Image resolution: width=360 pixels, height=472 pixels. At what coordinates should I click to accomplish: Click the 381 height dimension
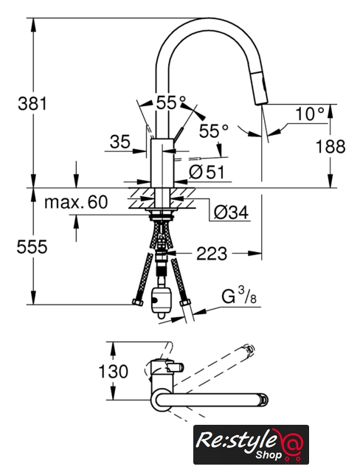pos(32,103)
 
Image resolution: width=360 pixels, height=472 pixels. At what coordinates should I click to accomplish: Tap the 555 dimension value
pos(32,247)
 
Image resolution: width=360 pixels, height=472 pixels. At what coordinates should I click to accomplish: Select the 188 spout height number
pos(330,147)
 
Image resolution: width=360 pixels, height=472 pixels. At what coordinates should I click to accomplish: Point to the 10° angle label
pos(310,114)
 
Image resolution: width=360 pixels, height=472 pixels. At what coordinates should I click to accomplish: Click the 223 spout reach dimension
pos(212,254)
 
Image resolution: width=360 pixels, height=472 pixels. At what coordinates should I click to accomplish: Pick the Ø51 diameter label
pos(207,173)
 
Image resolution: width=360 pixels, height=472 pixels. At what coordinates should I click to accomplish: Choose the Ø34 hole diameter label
pos(231,212)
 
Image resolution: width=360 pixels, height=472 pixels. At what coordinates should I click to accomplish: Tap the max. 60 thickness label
pos(76,202)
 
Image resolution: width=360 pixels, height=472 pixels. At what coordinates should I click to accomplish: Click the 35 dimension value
pos(120,142)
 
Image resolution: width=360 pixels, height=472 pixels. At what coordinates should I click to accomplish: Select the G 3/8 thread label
pos(239,295)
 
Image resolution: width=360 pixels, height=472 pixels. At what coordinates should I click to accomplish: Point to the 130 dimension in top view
pos(114,371)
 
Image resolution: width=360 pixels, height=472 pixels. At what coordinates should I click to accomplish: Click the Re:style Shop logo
pos(251,444)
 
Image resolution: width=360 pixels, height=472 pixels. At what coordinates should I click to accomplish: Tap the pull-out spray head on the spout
pos(260,86)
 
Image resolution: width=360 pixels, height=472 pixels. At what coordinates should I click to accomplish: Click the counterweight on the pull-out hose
pos(162,303)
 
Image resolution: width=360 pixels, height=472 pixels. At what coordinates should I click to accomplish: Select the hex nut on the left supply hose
pos(137,302)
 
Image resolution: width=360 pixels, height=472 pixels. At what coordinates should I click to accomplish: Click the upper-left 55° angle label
pos(171,103)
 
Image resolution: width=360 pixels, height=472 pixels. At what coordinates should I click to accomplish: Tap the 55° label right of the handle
pos(214,131)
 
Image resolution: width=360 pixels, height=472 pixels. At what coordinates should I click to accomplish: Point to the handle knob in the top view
pos(175,367)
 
